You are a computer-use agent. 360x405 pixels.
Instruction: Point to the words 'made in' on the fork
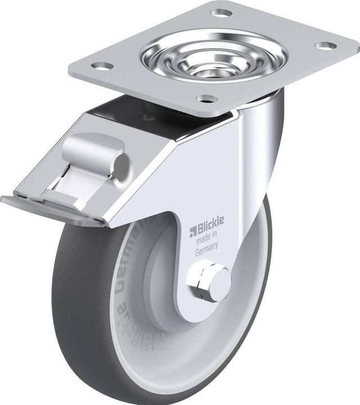tap(207, 241)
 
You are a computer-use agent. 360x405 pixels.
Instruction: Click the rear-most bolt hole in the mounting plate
tap(221, 12)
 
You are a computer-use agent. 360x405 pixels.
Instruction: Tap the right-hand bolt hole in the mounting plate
tap(325, 45)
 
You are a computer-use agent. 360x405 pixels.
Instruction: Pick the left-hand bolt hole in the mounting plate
tap(102, 66)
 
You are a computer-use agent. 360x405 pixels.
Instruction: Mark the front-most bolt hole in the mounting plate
tap(206, 99)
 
